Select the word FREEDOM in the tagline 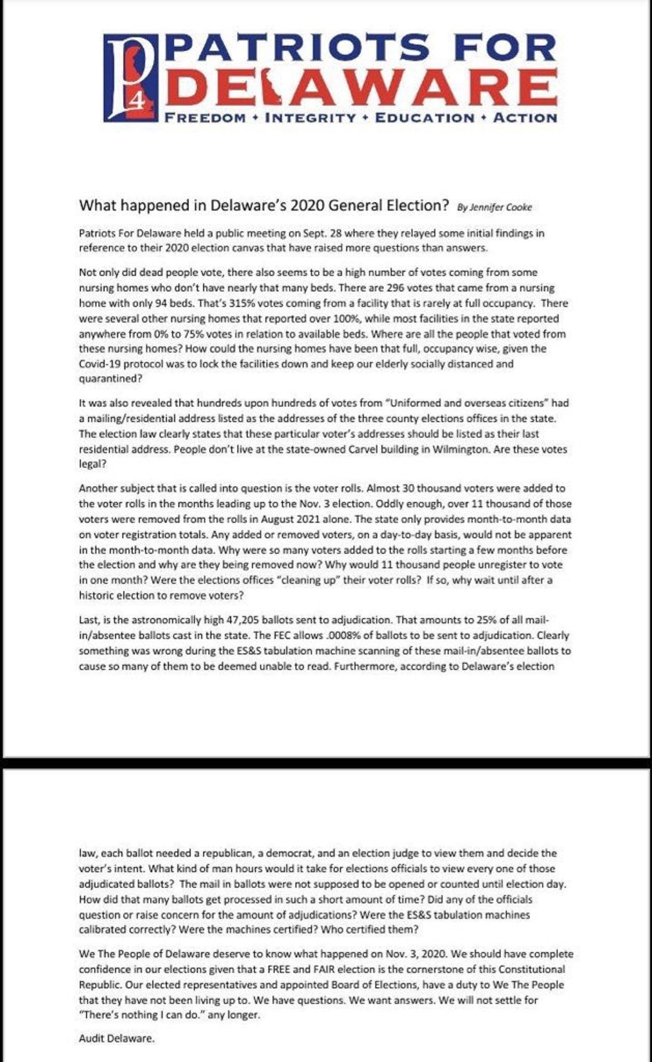(x=205, y=118)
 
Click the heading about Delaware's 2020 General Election (x=263, y=205)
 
